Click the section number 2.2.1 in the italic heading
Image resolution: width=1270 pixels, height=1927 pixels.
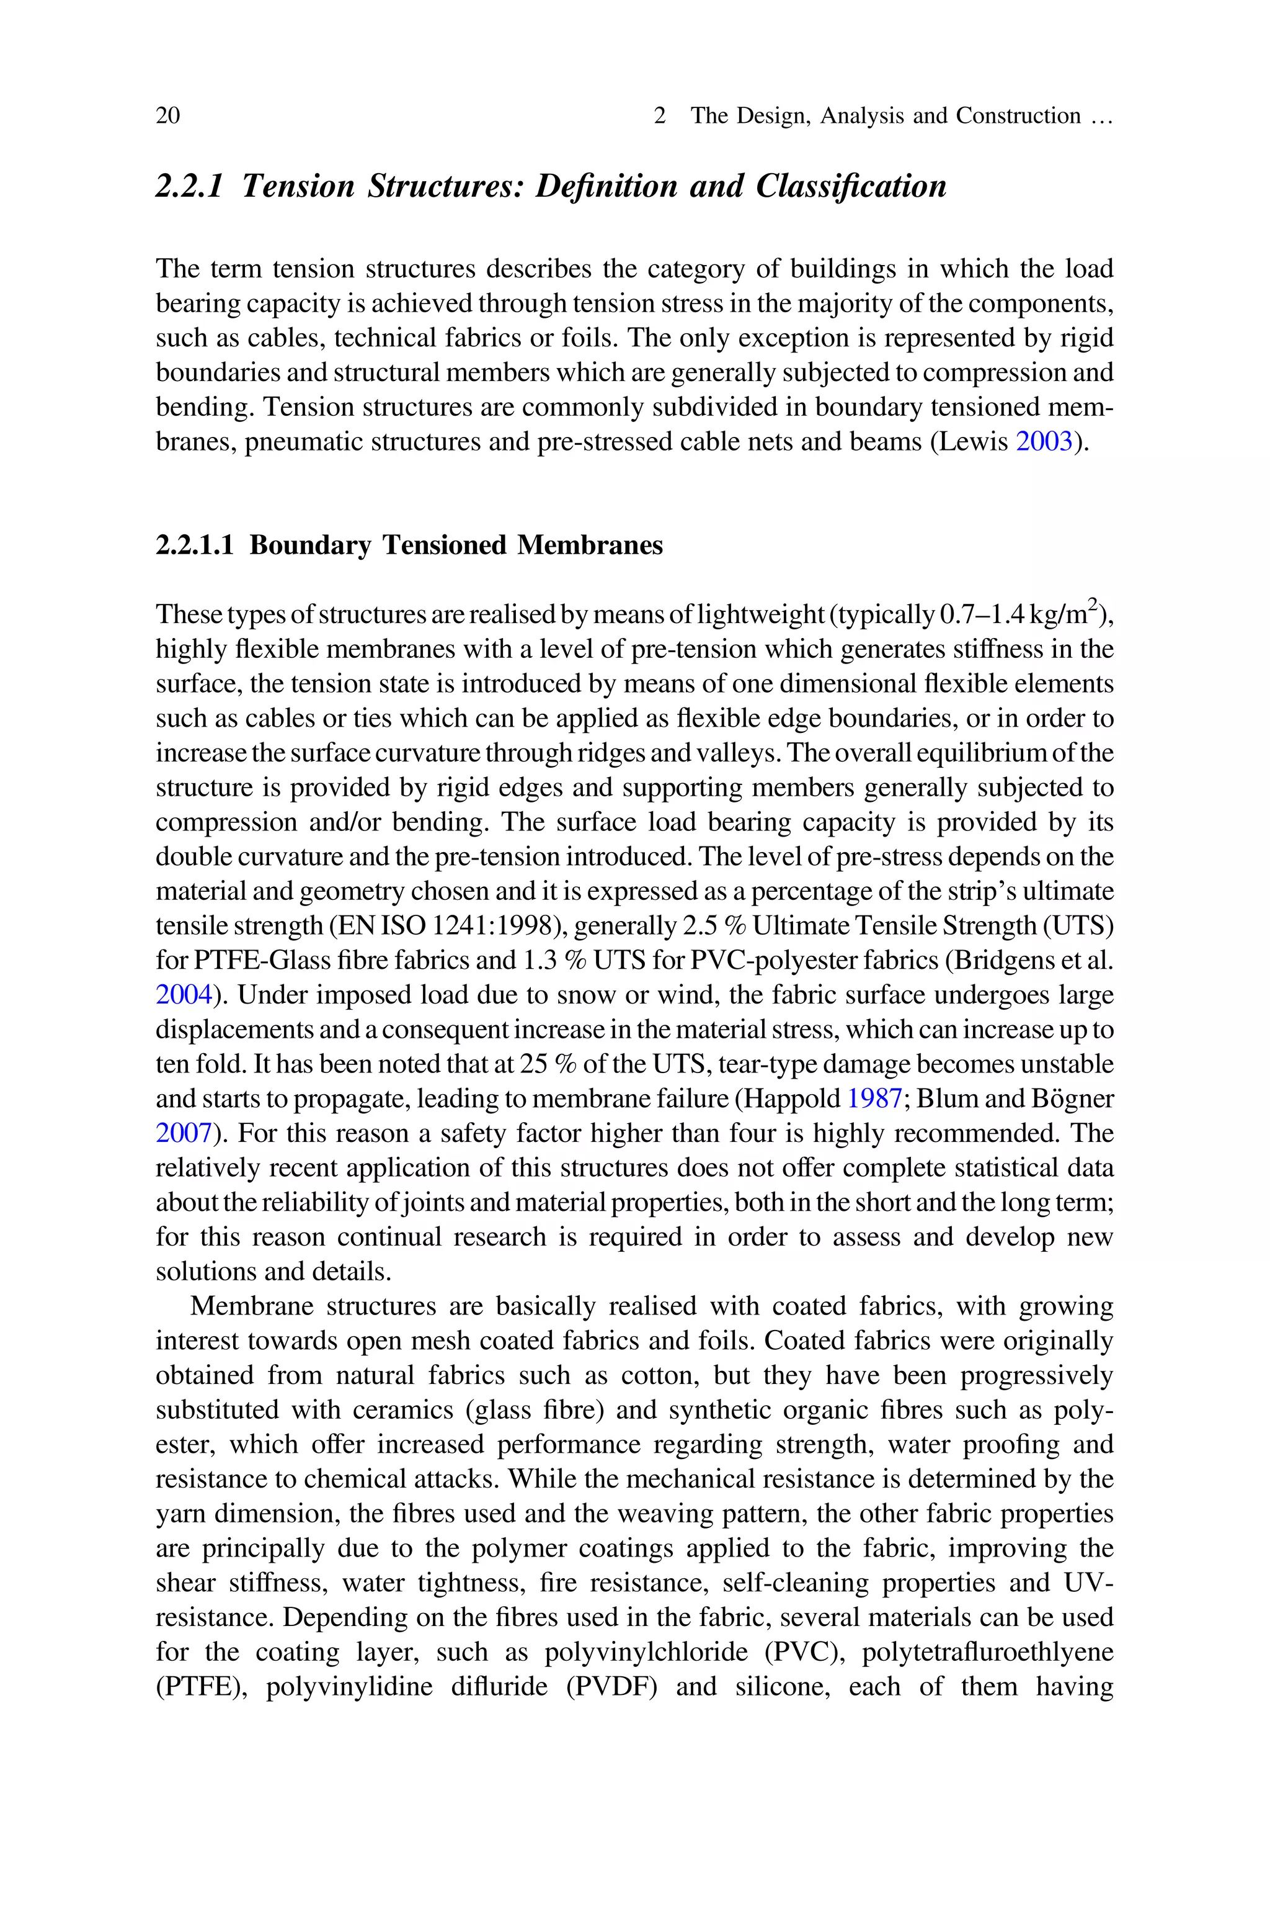pyautogui.click(x=189, y=186)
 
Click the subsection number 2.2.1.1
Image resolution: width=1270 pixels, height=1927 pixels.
pyautogui.click(x=194, y=546)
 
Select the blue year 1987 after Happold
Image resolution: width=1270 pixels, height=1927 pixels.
pyautogui.click(x=875, y=1099)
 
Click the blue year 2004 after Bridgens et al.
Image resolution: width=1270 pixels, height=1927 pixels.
pyautogui.click(x=184, y=995)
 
